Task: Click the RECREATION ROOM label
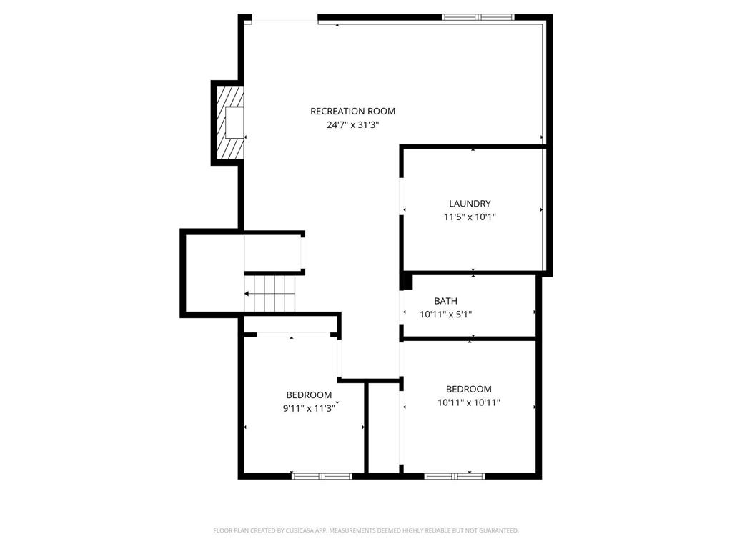(x=352, y=111)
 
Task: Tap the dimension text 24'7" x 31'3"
(x=352, y=124)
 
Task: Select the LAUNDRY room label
(x=470, y=204)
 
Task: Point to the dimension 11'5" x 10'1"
(x=470, y=217)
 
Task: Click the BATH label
(x=445, y=301)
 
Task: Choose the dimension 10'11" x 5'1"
(x=445, y=314)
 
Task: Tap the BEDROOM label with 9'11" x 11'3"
(x=309, y=395)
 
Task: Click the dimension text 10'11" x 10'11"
(x=469, y=402)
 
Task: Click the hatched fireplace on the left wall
(x=230, y=122)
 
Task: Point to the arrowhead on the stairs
(x=247, y=294)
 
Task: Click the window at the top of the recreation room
(x=478, y=17)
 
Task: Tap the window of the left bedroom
(x=321, y=475)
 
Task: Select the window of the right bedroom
(x=454, y=475)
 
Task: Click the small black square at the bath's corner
(x=407, y=281)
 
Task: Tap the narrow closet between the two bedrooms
(x=383, y=429)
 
